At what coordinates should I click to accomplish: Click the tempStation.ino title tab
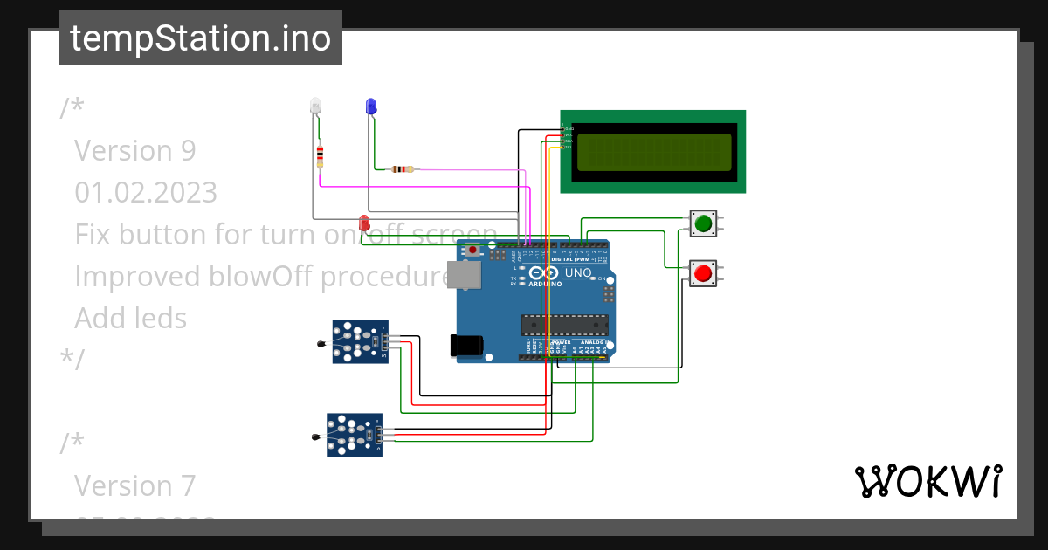(201, 38)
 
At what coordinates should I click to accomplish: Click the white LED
(315, 107)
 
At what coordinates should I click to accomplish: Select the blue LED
(370, 107)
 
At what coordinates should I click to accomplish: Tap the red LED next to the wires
(364, 223)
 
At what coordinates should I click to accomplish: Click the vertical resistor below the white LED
(320, 157)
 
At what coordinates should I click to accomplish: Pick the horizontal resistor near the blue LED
(403, 169)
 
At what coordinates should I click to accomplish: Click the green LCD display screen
(653, 152)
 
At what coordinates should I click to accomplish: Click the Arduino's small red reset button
(472, 251)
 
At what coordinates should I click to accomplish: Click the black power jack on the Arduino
(465, 346)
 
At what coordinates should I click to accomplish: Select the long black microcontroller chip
(564, 325)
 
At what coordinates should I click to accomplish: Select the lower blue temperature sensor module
(354, 434)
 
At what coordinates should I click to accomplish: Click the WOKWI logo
(927, 482)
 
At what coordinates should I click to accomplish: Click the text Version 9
(135, 150)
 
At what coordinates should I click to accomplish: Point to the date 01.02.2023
(146, 192)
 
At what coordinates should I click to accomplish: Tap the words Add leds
(131, 318)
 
